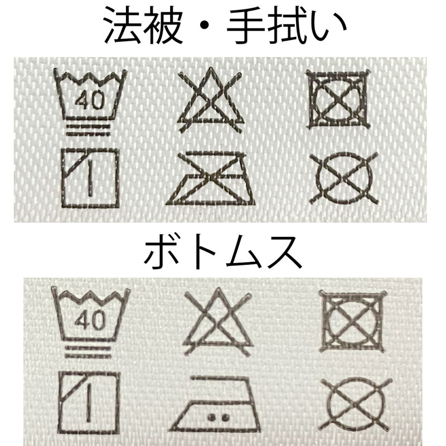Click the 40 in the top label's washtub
click(90, 100)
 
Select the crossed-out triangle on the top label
click(211, 100)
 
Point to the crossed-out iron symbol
click(211, 178)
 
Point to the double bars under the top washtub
click(88, 130)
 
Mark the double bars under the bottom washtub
click(88, 352)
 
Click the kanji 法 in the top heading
click(123, 25)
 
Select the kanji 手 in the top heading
click(246, 26)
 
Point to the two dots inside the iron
click(219, 417)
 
